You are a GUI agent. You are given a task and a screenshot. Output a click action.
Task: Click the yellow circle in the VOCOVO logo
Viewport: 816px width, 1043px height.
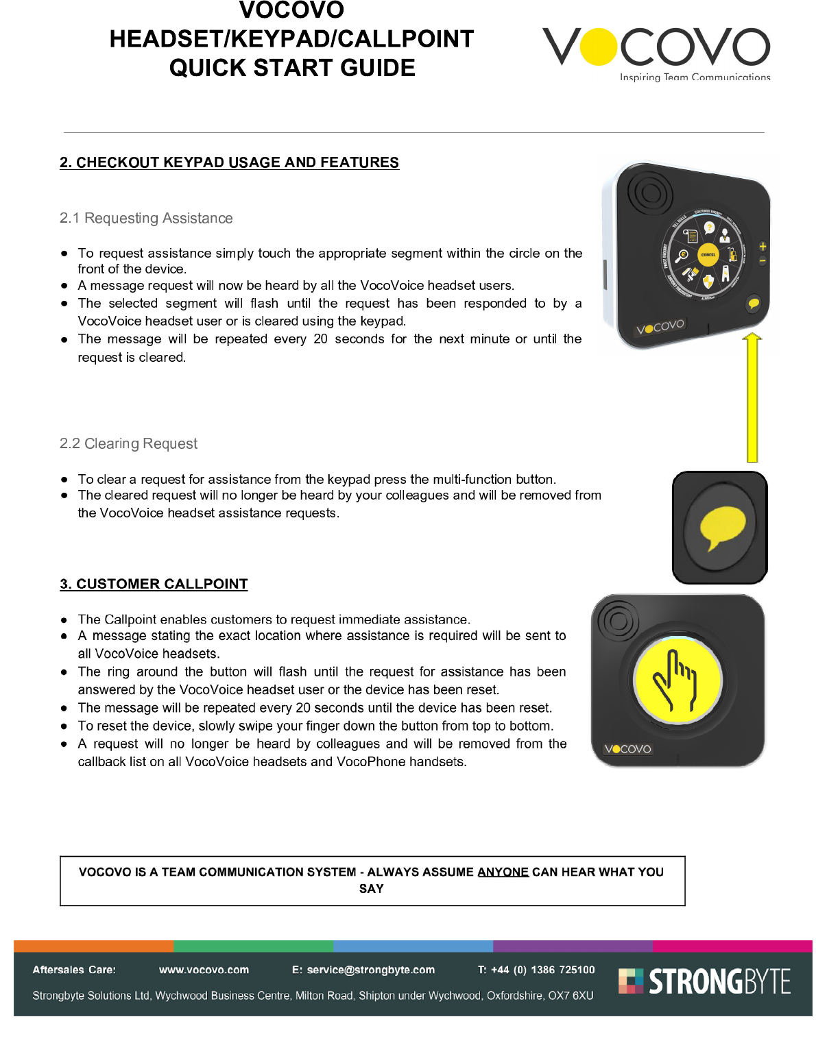coord(599,47)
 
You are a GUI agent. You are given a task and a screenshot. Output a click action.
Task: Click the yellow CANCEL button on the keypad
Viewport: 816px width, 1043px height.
coord(708,255)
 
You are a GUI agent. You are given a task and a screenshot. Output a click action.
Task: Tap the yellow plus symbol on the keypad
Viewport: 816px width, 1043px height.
coord(763,246)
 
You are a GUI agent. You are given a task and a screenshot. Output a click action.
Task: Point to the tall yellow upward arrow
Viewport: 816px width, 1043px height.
coord(752,397)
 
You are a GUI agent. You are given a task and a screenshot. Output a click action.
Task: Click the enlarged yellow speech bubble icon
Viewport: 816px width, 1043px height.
coord(722,526)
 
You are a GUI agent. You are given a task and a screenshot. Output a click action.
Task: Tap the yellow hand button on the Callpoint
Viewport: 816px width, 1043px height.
coord(677,679)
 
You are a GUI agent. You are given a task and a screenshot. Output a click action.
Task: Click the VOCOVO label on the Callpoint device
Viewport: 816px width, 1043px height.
coord(627,749)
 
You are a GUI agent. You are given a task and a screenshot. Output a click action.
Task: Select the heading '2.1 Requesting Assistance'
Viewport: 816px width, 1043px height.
coord(146,218)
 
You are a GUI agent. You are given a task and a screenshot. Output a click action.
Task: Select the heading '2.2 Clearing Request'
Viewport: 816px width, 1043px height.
coord(128,443)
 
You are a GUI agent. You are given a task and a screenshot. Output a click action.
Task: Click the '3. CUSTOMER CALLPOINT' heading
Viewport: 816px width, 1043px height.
coord(154,584)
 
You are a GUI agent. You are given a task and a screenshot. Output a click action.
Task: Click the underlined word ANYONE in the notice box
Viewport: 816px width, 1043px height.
coord(503,872)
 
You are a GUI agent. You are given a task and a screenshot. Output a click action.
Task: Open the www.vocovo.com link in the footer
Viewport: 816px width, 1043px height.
coord(204,970)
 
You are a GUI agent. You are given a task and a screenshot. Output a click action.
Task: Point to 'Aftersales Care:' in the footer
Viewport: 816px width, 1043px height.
coord(74,970)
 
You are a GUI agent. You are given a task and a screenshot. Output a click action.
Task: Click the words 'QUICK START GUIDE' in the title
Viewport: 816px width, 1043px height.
coord(292,68)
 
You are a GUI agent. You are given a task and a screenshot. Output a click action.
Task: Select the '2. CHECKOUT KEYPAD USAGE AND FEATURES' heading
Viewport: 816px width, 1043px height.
coord(229,162)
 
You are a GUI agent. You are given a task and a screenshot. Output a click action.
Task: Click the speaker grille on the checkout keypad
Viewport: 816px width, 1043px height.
coord(649,192)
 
